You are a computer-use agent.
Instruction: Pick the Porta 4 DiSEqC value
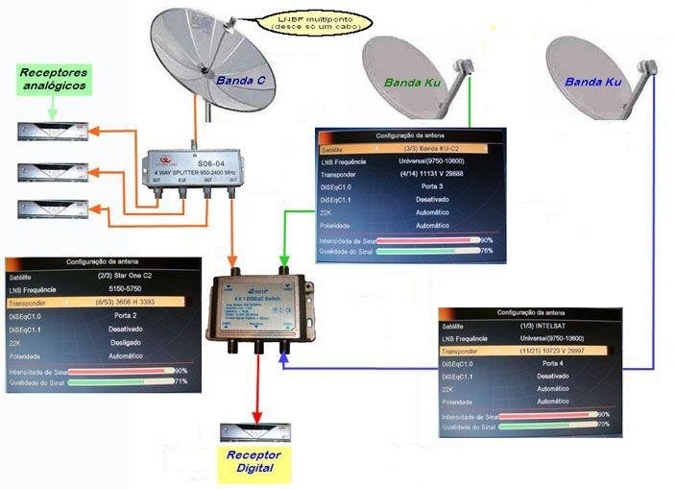(552, 363)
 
